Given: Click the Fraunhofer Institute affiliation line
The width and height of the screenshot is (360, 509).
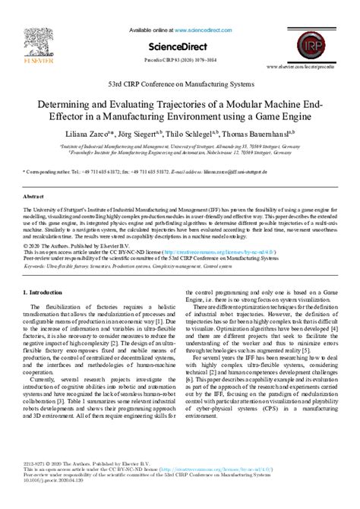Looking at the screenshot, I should click(x=180, y=151).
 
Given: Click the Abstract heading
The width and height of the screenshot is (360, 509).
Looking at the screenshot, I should click(x=33, y=195).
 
